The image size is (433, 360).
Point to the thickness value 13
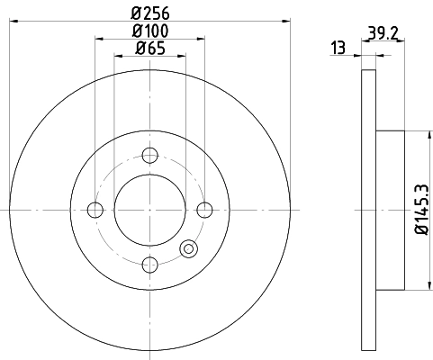click(x=338, y=48)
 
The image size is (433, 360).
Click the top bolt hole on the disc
click(x=150, y=155)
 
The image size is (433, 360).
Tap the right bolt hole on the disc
click(x=205, y=210)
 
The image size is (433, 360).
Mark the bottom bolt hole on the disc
click(x=150, y=264)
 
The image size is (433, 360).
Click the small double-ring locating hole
click(x=189, y=249)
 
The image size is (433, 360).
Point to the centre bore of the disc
click(x=150, y=210)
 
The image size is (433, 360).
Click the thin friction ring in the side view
click(x=366, y=210)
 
